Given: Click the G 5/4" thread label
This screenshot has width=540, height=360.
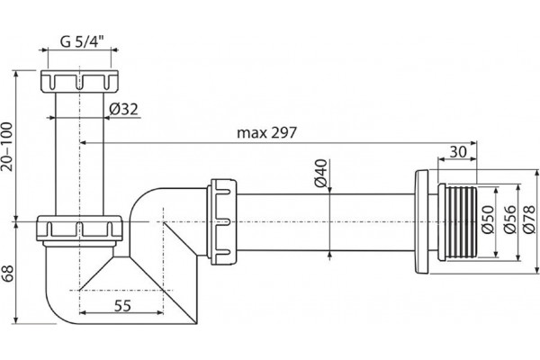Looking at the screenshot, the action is coord(82,41).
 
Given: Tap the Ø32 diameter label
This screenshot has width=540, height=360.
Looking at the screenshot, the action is coord(123,109).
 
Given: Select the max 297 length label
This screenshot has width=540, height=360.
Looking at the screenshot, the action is coord(266,132).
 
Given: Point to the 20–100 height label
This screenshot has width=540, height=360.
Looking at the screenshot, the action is coord(7,147).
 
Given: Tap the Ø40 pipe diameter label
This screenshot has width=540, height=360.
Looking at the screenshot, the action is coord(320,173).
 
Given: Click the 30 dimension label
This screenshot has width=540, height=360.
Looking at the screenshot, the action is coord(458,151).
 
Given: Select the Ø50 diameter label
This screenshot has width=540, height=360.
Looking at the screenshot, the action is coord(488,220).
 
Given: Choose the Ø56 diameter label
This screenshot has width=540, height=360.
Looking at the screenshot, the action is coord(510,220).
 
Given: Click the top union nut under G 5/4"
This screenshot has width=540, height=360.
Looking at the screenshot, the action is coord(79,81).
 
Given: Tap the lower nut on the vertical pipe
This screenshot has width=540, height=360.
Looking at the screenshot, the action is coord(79,229).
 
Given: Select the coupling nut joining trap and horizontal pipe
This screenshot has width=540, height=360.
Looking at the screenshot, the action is coord(222,221).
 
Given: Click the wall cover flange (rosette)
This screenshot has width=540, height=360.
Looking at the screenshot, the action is coord(421,222).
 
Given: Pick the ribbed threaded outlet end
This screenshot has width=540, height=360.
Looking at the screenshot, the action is coord(457,222).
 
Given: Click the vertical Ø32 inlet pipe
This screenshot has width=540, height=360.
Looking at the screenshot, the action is coord(79,154).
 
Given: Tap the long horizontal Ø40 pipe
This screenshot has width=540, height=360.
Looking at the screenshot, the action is coord(326,222).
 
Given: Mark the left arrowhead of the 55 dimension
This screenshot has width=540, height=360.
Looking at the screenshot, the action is coord(83,313).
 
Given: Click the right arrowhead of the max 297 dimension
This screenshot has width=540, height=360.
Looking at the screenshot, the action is coord(473,142).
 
